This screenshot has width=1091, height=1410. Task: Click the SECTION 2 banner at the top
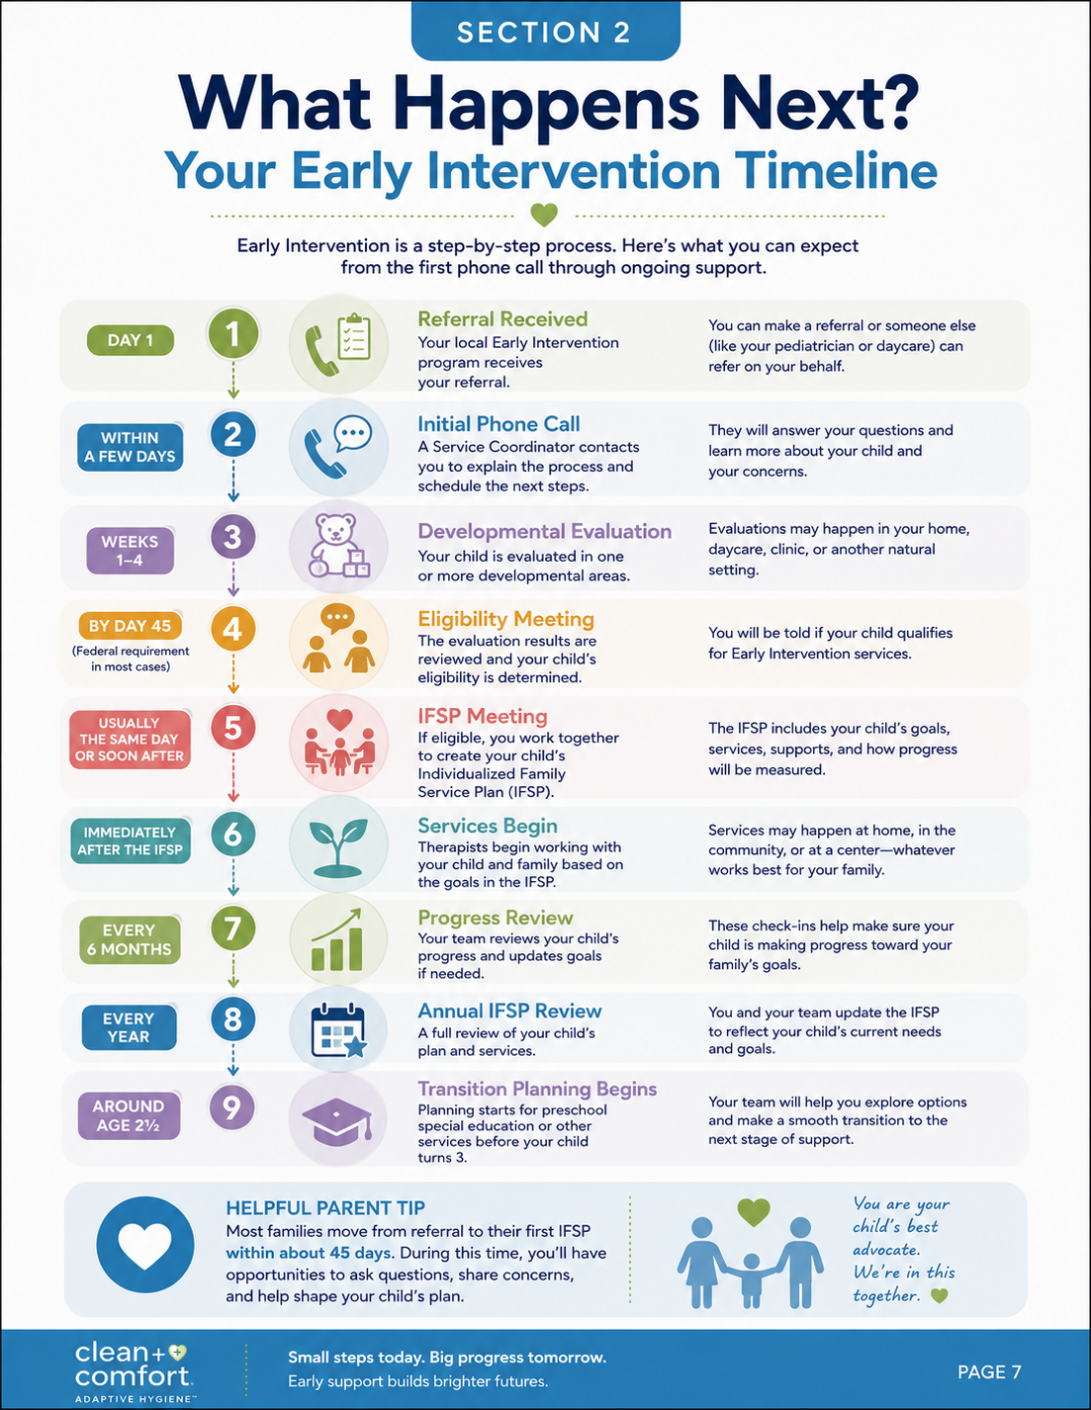[545, 31]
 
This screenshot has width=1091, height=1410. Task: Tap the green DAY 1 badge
[131, 340]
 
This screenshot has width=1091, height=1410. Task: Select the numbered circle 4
[233, 628]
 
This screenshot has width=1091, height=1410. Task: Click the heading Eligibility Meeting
[505, 619]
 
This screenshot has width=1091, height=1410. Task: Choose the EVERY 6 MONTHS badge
[130, 939]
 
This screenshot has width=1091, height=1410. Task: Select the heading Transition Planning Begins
[537, 1089]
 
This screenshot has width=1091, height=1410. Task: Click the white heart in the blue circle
[144, 1245]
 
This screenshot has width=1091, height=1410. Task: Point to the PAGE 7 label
[989, 1371]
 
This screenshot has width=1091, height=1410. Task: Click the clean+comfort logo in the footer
[135, 1371]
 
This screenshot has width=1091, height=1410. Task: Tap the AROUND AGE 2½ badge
[130, 1115]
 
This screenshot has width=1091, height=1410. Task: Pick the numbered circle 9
[231, 1107]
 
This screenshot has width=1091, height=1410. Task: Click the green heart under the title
[544, 215]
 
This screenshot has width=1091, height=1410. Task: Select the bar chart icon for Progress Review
[337, 939]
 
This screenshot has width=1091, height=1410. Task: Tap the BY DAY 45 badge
[130, 626]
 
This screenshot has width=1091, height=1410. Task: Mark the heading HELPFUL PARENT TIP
[325, 1207]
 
